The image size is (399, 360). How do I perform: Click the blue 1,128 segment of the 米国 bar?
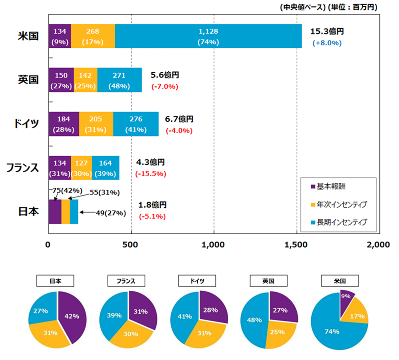(208, 36)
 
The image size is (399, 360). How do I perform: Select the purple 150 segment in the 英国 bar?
(61, 80)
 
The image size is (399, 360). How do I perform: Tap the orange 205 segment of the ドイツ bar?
(96, 124)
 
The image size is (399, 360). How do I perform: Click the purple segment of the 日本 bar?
(55, 212)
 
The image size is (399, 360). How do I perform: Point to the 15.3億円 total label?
(327, 32)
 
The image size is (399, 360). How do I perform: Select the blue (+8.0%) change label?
(327, 43)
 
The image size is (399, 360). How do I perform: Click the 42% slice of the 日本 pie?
(72, 316)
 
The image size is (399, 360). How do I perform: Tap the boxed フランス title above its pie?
(129, 281)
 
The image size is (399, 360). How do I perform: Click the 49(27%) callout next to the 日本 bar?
(111, 213)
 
